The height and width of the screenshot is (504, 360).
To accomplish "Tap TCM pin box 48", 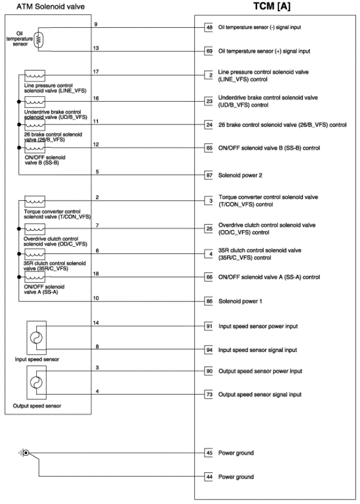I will pyautogui.click(x=209, y=27).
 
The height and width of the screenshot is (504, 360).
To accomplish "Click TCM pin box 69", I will pyautogui.click(x=209, y=51).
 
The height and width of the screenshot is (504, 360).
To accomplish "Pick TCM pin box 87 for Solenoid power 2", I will pyautogui.click(x=209, y=176).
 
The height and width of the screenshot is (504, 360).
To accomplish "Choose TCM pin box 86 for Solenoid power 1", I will pyautogui.click(x=209, y=302).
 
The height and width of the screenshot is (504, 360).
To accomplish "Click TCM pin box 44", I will pyautogui.click(x=209, y=477).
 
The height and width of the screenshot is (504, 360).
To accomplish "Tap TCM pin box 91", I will pyautogui.click(x=209, y=326).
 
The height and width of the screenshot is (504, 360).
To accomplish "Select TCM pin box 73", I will pyautogui.click(x=209, y=395).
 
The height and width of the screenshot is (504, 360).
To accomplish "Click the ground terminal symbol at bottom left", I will pyautogui.click(x=25, y=453).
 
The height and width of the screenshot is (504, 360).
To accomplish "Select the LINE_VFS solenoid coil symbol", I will pyautogui.click(x=35, y=76).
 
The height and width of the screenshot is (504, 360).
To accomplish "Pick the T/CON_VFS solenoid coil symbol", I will pyautogui.click(x=35, y=202).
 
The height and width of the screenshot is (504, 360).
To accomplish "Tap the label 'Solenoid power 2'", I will pyautogui.click(x=240, y=176).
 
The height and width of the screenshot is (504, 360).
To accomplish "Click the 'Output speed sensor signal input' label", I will pyautogui.click(x=260, y=395).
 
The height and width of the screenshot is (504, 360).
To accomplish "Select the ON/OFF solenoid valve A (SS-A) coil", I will pyautogui.click(x=35, y=277).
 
